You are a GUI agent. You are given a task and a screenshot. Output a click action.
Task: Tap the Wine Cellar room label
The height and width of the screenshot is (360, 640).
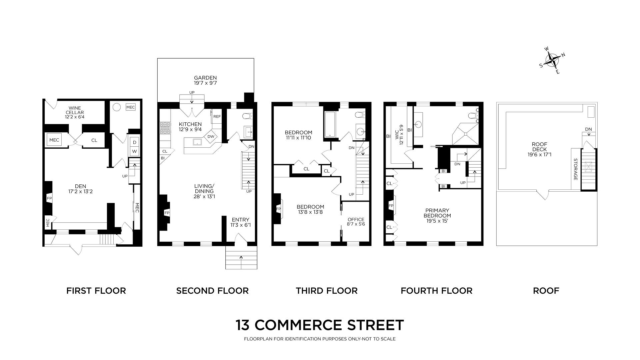(75, 110)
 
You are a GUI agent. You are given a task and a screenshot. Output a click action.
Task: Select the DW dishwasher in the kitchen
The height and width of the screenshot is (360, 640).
(211, 136)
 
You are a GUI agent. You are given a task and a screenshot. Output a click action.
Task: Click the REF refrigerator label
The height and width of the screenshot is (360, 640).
(217, 117)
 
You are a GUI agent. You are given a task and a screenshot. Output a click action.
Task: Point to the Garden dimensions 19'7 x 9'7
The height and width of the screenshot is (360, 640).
(205, 83)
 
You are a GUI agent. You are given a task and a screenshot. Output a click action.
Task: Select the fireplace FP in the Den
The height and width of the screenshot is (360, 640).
(49, 198)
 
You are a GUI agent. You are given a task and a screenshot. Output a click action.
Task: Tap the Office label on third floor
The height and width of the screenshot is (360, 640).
(356, 219)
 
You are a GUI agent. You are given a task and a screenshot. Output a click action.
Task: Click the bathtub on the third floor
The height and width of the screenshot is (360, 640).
(330, 124)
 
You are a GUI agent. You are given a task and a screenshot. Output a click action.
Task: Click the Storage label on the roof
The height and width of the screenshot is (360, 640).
(576, 174)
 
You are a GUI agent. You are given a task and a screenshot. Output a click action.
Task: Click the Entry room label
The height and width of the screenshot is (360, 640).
(240, 220)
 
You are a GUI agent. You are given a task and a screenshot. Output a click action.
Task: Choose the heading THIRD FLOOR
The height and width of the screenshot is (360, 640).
(326, 291)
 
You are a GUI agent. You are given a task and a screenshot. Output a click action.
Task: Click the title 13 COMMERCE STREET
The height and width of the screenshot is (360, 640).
(320, 325)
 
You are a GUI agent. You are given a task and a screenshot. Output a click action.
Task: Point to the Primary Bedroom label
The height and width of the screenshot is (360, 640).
(437, 213)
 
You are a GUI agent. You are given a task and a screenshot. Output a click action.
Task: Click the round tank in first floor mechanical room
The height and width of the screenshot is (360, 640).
(116, 107)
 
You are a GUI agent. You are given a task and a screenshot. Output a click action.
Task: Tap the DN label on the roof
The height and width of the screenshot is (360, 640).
(588, 129)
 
